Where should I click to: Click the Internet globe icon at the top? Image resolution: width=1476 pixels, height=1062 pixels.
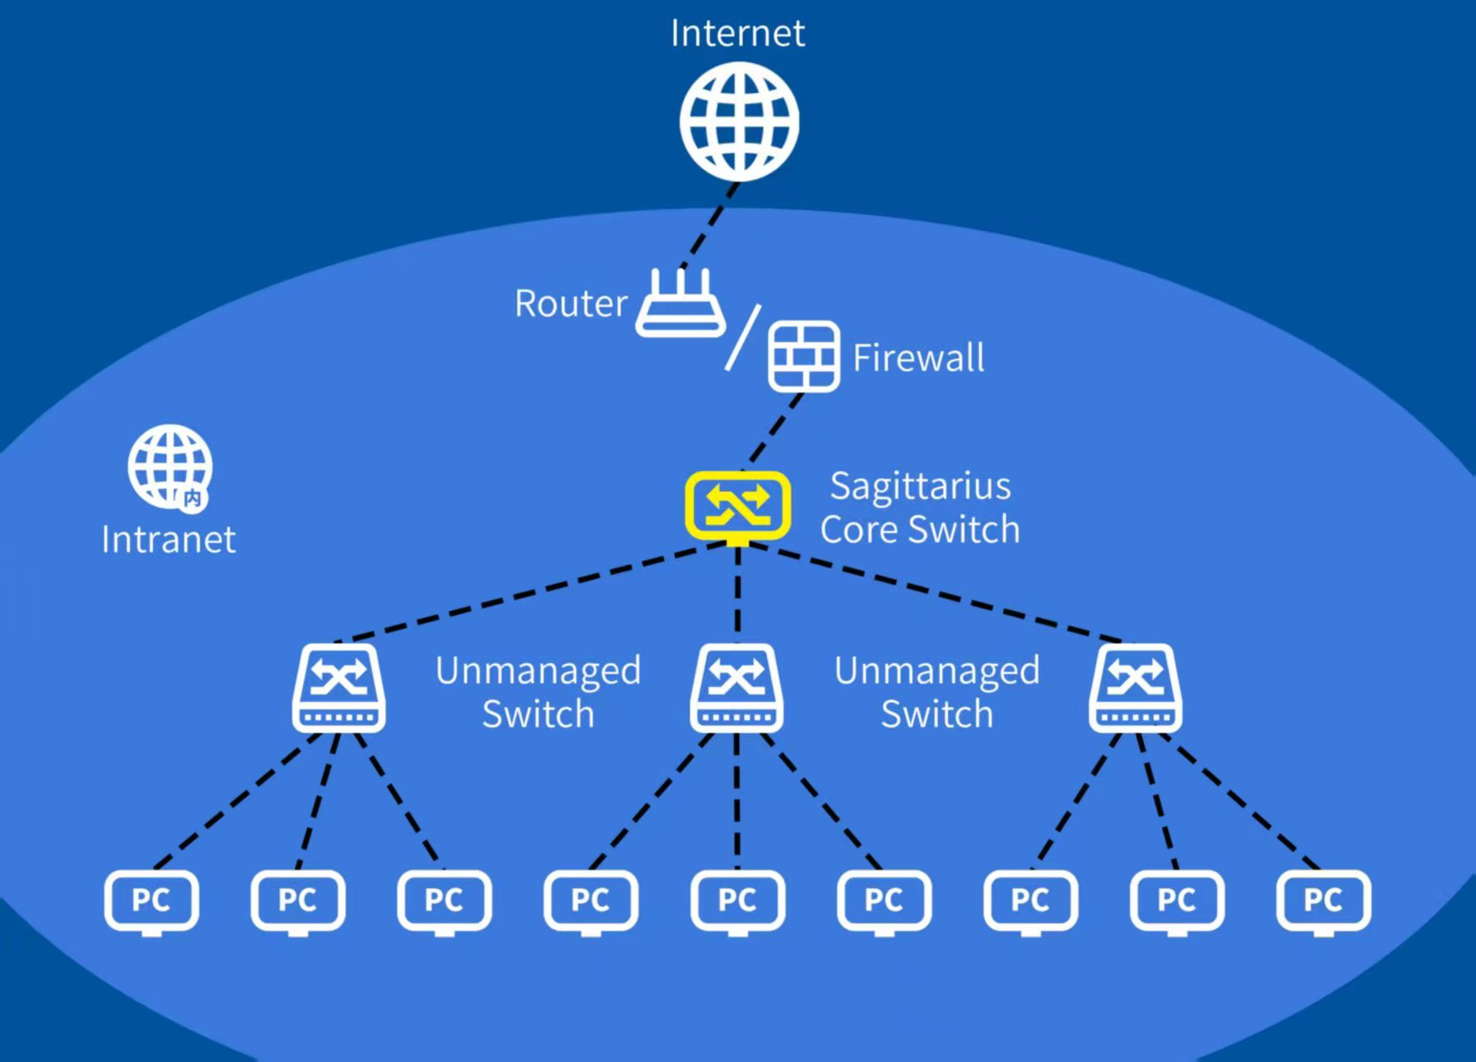click(739, 121)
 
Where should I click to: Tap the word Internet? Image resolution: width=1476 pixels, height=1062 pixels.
click(737, 33)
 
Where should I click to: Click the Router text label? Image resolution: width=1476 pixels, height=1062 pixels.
click(571, 304)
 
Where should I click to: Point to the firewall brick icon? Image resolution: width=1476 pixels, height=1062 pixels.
click(804, 357)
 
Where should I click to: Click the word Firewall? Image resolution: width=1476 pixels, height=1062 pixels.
click(918, 358)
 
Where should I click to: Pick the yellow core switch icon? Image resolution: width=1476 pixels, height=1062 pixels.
click(737, 504)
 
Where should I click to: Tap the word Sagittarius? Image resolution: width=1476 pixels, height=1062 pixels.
click(920, 486)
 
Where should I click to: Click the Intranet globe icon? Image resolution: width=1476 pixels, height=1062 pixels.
click(169, 466)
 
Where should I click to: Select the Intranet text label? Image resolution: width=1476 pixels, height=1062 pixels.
click(169, 540)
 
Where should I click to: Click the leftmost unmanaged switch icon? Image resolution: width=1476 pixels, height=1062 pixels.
click(339, 689)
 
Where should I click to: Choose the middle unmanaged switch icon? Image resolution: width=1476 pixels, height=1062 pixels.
click(736, 689)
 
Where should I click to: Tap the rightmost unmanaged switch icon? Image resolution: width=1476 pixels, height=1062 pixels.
click(1135, 689)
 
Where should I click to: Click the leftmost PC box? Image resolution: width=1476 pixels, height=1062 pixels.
click(151, 901)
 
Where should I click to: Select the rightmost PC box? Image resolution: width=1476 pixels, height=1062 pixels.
click(1323, 901)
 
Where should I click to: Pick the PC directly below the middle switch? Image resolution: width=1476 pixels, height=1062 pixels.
click(737, 901)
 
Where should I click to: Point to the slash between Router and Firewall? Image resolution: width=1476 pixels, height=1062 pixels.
click(743, 338)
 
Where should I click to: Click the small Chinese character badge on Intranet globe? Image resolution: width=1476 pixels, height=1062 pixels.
click(193, 498)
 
